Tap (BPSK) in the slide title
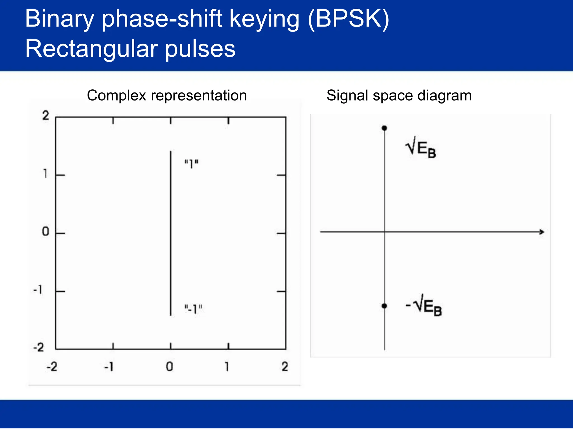348,19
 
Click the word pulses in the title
200,49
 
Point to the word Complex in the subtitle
116,96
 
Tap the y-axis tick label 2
46,116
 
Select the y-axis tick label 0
45,232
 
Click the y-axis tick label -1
38,290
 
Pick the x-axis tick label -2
52,367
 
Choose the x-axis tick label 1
227,367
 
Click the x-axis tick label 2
285,367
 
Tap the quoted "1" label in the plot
191,164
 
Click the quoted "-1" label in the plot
193,309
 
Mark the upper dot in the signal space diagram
384,128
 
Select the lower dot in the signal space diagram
384,306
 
